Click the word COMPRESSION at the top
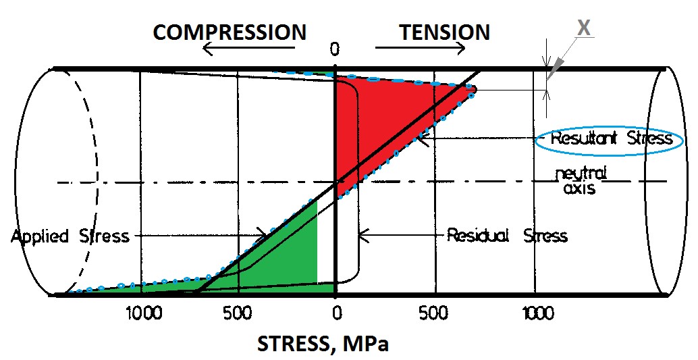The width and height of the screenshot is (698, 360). pos(230,32)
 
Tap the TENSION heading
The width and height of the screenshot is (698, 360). pos(444,32)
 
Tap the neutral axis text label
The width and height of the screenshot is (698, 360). pos(580,181)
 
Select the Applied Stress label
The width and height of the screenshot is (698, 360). pos(70,236)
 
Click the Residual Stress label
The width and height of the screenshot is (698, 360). pos(507,236)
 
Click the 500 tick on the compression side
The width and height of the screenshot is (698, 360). pos(238,314)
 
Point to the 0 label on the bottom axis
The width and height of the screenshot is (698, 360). pos(335,314)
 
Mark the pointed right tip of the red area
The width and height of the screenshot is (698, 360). pos(475,88)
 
